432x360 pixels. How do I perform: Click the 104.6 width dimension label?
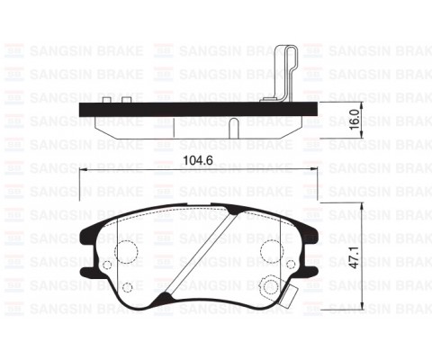198,160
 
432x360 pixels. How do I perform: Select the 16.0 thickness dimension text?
355,120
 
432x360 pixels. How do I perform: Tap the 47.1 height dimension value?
355,257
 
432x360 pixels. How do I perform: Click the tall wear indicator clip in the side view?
283,73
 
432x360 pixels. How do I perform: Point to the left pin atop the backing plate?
107,100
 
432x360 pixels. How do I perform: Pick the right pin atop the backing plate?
127,100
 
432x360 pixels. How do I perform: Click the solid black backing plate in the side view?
198,110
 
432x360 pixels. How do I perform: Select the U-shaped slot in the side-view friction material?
234,128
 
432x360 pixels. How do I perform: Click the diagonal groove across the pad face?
202,253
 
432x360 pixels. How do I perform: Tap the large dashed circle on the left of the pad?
115,252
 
